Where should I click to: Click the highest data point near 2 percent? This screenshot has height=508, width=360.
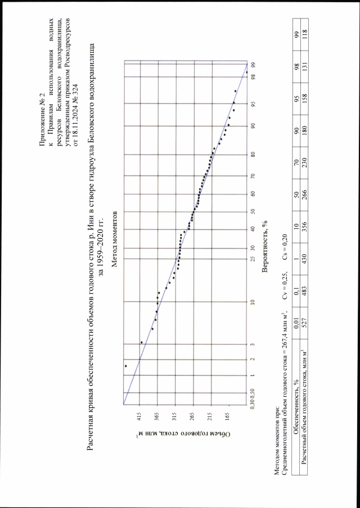[x=126, y=366]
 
